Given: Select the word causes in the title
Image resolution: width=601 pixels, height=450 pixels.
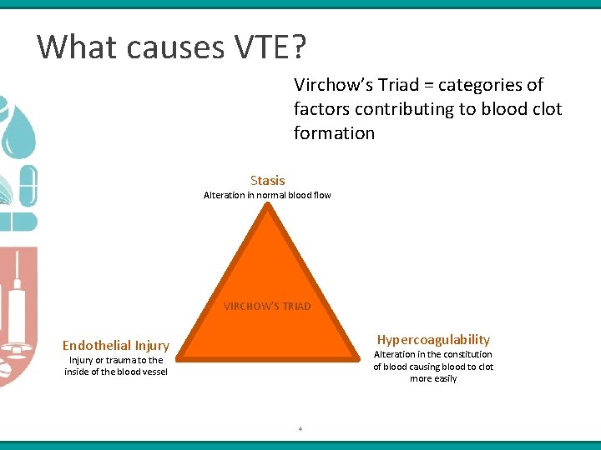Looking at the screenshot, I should click(x=165, y=47).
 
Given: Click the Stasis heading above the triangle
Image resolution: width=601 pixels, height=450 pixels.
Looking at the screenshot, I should click(x=267, y=180).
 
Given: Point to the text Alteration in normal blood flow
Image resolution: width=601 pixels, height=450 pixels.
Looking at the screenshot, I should click(x=267, y=195).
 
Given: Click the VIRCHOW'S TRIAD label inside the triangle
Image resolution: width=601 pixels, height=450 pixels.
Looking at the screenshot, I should click(x=267, y=306).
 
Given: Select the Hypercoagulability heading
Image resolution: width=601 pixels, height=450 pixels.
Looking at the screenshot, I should click(x=433, y=339).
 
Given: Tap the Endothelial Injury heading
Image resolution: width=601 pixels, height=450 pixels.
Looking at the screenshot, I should click(x=116, y=346).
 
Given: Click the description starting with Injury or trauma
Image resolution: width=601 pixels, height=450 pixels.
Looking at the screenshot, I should click(x=116, y=366).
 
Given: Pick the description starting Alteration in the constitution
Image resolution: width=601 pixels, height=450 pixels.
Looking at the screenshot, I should click(x=433, y=366).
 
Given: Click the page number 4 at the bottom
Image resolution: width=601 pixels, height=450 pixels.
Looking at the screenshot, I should click(x=300, y=429).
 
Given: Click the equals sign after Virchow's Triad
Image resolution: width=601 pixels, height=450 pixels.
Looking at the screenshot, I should click(x=424, y=85).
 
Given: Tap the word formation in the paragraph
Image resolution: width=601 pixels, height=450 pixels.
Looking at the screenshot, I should click(x=334, y=133).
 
